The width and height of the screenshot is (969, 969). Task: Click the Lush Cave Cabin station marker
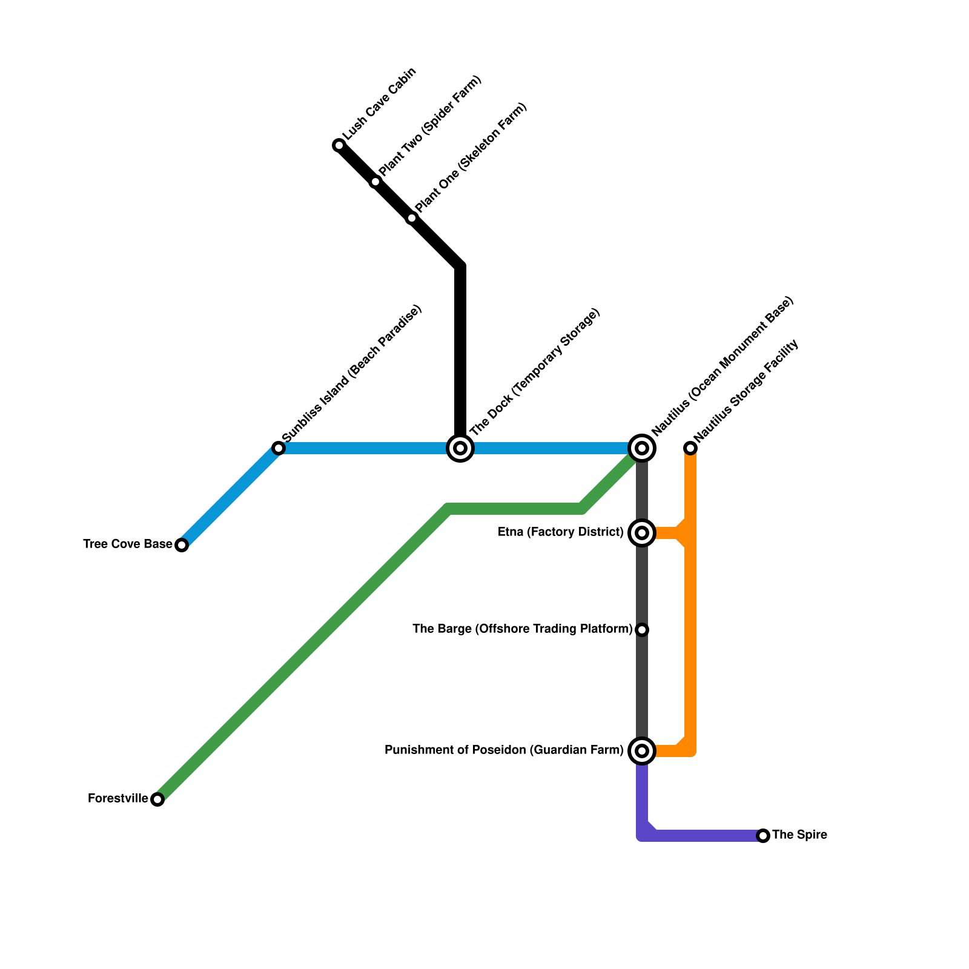click(339, 145)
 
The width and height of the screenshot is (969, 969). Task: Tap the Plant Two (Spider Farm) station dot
click(375, 182)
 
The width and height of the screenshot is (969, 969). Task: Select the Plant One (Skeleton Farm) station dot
click(412, 218)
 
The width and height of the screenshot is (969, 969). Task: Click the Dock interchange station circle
click(460, 448)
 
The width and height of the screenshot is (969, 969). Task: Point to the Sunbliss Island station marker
click(279, 448)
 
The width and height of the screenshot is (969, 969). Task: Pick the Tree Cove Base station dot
click(182, 545)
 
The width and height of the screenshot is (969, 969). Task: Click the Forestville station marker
click(157, 799)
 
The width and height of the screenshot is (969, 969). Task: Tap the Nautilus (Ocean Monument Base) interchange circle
click(642, 448)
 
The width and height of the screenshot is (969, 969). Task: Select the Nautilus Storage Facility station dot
click(690, 448)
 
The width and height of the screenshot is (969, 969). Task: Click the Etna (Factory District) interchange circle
click(642, 533)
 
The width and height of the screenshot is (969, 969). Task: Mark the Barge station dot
click(642, 630)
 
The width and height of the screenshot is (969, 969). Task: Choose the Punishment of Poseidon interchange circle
click(642, 751)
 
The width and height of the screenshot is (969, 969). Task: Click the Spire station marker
click(763, 836)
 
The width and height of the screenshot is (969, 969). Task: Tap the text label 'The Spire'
click(799, 835)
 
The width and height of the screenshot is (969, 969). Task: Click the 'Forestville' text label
click(118, 799)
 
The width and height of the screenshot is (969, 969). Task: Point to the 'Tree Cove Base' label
click(128, 544)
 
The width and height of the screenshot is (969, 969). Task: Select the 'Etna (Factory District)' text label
click(560, 532)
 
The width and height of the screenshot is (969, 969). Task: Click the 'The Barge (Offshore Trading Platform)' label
click(522, 629)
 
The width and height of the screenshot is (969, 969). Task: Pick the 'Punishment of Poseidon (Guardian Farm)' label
click(504, 750)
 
